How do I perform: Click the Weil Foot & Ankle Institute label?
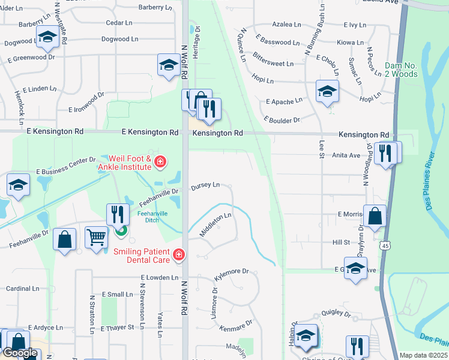[124, 162]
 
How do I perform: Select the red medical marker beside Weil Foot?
[160, 161]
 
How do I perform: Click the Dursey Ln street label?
[205, 186]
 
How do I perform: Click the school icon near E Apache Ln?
[327, 91]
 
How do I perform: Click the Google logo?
[20, 353]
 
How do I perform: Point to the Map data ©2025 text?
[423, 355]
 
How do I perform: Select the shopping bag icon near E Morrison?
[375, 217]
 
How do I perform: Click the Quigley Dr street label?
[336, 313]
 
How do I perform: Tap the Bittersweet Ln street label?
[273, 62]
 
